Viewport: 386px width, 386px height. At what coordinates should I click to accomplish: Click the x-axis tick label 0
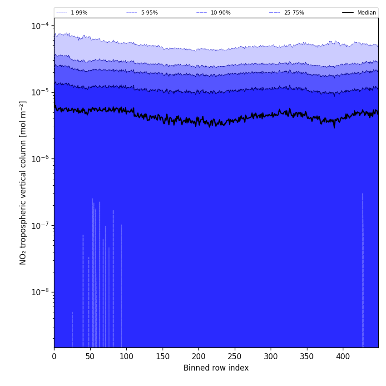[x=54, y=356]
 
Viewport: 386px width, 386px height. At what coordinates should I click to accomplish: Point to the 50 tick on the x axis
[x=90, y=356]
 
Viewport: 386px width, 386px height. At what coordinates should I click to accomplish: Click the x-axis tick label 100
[x=126, y=356]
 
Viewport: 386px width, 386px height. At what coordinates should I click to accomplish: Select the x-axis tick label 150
[x=163, y=356]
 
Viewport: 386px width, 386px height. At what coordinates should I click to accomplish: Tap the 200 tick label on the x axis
[x=198, y=356]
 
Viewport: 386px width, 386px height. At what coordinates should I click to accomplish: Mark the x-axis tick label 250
[x=235, y=356]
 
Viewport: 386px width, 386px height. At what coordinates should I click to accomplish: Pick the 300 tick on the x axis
[x=271, y=356]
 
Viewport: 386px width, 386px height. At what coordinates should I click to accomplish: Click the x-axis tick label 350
[x=307, y=356]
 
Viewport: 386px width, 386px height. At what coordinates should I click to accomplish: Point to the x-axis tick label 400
[x=343, y=356]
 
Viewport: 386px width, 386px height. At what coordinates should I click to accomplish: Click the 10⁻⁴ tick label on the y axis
[x=40, y=26]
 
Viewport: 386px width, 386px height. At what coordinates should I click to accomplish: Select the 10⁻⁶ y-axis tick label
[x=40, y=159]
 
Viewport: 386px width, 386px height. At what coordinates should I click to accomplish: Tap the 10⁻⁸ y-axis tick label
[x=40, y=292]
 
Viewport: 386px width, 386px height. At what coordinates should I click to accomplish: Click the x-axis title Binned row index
[x=216, y=368]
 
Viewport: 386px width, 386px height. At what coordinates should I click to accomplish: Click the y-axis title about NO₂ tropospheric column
[x=23, y=183]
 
